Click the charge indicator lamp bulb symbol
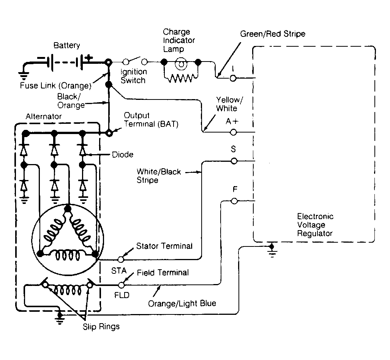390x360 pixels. point(181,64)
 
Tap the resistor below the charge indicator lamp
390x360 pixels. point(181,78)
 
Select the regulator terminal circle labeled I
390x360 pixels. point(233,78)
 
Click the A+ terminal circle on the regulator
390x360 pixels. point(233,132)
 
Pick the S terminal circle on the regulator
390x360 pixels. point(234,161)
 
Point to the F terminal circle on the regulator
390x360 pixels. point(234,201)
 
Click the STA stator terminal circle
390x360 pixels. point(121,259)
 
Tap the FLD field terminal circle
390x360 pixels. point(122,285)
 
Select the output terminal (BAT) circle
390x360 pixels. point(109,133)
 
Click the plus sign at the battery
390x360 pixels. point(88,58)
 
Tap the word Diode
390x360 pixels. point(123,155)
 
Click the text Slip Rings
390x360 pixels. point(101,327)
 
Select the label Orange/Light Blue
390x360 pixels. point(182,303)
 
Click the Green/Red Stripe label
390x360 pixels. point(273,33)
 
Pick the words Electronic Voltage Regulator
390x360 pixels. point(315,225)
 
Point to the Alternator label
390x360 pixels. point(44,117)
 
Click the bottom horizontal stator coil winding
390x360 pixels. point(67,256)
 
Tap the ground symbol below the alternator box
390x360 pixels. point(60,317)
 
